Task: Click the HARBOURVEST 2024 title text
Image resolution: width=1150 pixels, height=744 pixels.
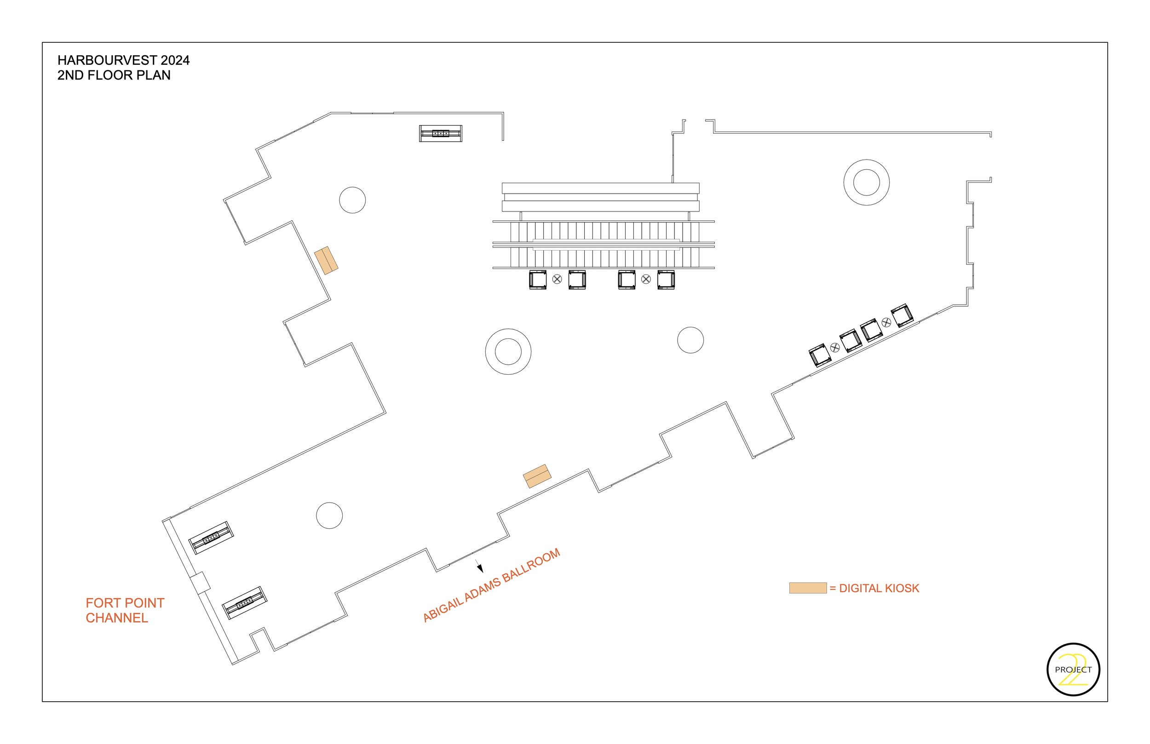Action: [x=123, y=60]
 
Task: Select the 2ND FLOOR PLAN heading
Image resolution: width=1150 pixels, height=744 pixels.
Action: [x=114, y=75]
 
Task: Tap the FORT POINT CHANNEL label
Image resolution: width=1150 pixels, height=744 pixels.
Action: [x=125, y=610]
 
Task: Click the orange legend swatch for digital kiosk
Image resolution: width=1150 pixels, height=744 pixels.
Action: [x=807, y=588]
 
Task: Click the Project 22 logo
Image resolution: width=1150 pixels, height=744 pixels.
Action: [x=1073, y=669]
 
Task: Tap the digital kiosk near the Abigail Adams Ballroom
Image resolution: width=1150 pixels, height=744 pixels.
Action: [x=537, y=476]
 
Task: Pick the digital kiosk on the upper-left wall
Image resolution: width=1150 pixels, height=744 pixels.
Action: [x=326, y=260]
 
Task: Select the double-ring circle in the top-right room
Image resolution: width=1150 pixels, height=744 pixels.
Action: [x=866, y=183]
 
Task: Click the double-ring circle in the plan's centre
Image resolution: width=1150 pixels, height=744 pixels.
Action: [x=508, y=352]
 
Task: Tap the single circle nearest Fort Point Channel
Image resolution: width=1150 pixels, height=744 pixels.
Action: [x=329, y=515]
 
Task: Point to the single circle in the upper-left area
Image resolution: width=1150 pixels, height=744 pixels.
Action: [x=352, y=200]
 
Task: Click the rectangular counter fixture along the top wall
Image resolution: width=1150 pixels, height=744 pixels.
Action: [x=440, y=133]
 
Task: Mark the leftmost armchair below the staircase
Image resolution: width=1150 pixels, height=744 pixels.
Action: [x=537, y=280]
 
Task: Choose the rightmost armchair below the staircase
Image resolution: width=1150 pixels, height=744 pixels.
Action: [x=666, y=280]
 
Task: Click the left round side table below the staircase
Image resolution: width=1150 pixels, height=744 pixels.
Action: [x=557, y=279]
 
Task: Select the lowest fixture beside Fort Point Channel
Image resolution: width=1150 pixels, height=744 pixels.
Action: [x=245, y=602]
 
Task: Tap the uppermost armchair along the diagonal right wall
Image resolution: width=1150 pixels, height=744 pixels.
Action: [x=902, y=315]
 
